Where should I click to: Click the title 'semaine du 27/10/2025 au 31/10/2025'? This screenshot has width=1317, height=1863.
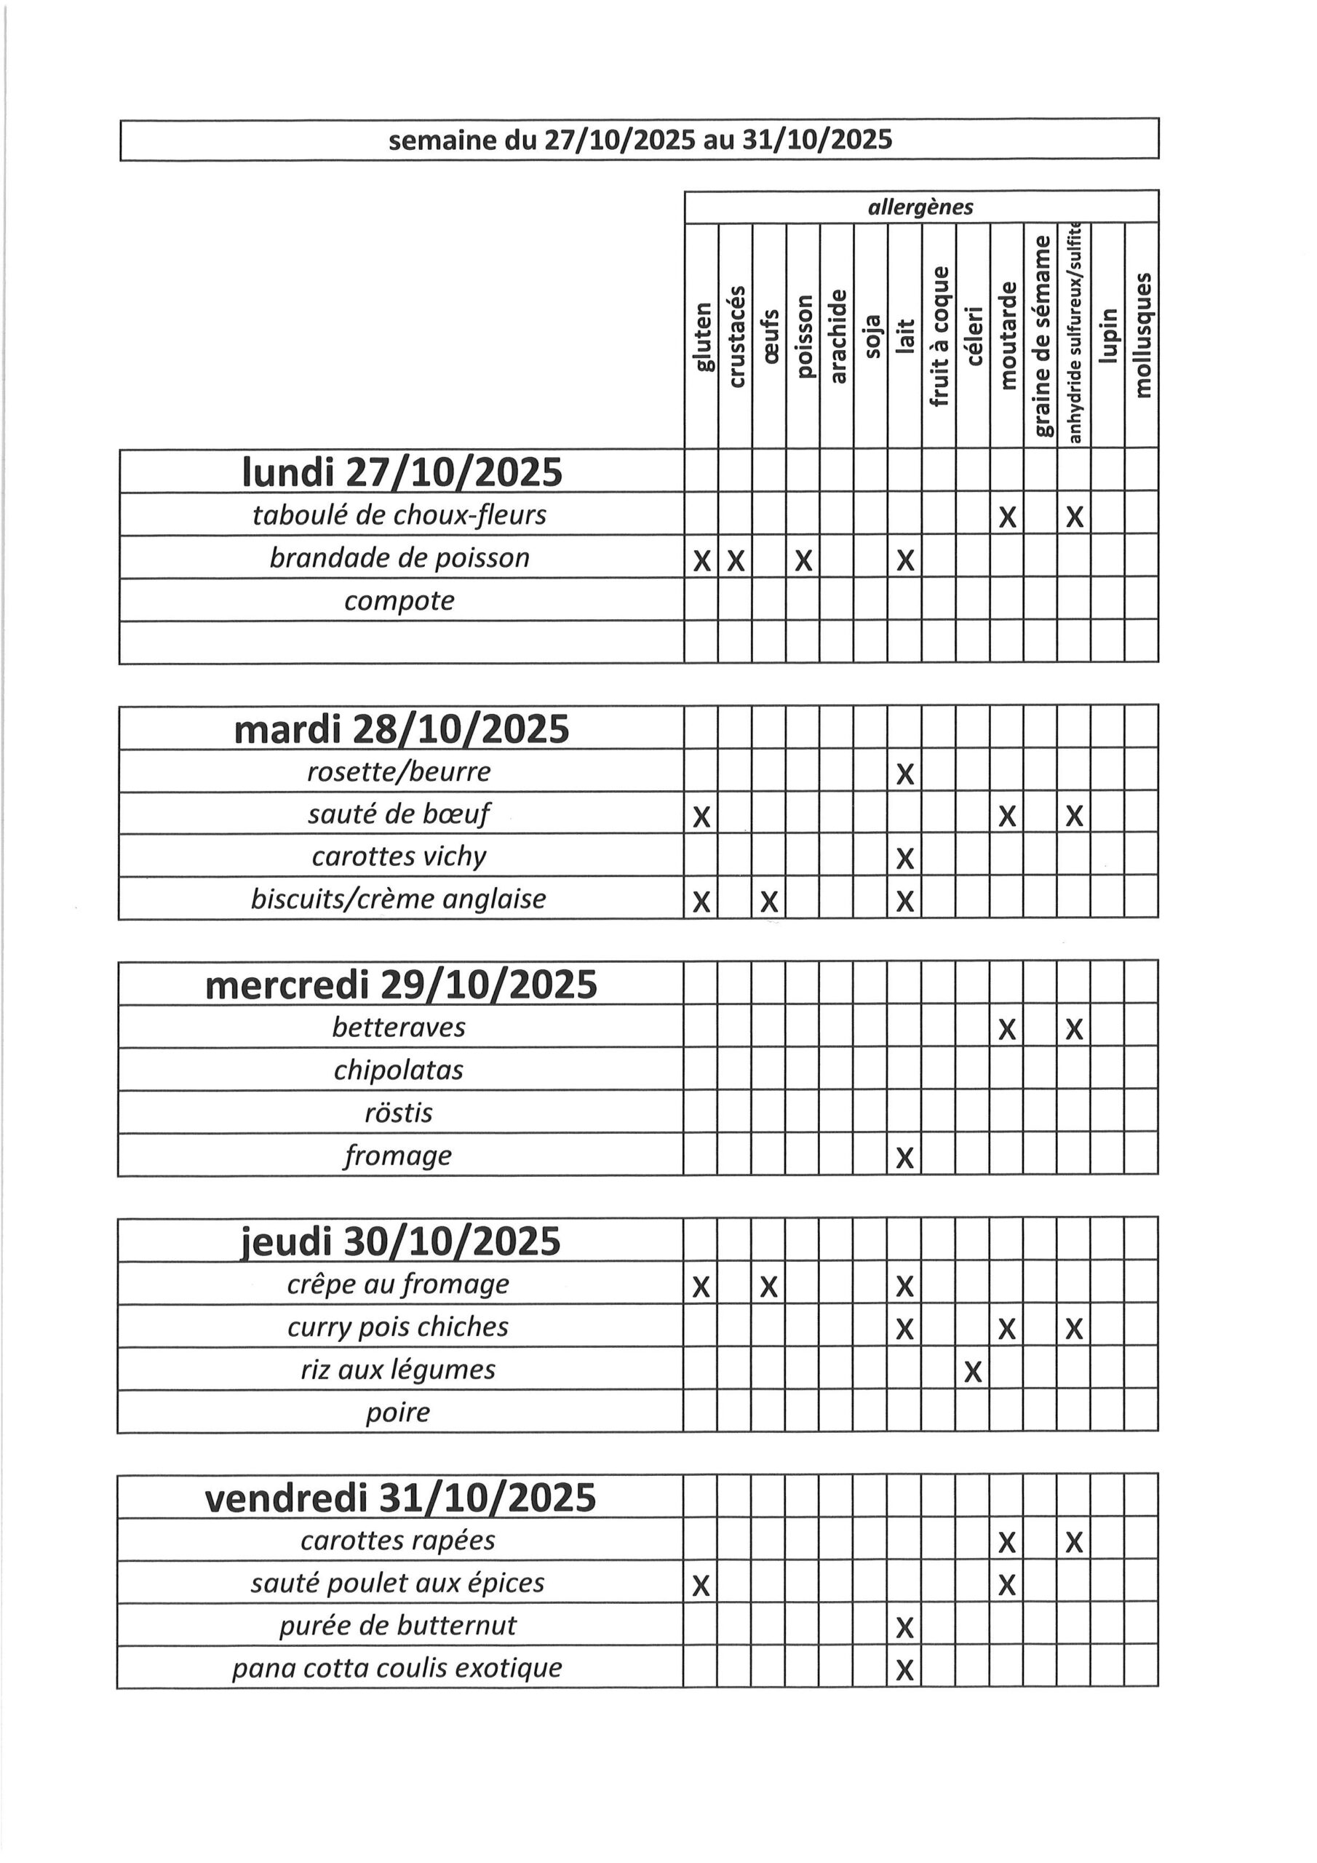[640, 140]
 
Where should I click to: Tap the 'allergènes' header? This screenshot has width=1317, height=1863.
[920, 207]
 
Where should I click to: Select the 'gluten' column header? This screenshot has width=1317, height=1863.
[703, 336]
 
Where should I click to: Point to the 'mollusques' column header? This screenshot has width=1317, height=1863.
[1142, 335]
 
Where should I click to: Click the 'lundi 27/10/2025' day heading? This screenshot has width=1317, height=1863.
[402, 472]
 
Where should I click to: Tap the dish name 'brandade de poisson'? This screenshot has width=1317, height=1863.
[399, 558]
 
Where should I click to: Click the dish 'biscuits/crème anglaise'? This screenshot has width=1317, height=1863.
[399, 899]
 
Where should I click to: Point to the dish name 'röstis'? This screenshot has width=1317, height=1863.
[399, 1113]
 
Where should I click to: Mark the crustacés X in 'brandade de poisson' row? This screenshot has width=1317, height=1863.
[735, 560]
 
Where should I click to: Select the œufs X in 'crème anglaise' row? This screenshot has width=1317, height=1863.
[769, 901]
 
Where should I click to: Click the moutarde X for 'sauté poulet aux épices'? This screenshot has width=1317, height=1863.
[1006, 1585]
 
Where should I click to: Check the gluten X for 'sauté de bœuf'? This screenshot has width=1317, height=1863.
[702, 817]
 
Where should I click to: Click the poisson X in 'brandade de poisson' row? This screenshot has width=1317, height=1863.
[803, 560]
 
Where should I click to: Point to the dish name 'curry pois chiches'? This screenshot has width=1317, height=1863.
[397, 1327]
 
